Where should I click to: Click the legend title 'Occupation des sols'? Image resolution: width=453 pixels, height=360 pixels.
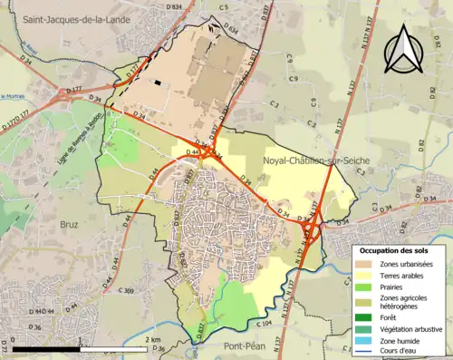(397, 249)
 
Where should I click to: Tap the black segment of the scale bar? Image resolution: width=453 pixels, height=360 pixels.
(47, 348)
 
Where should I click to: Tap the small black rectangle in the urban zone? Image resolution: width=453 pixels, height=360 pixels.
(159, 83)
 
